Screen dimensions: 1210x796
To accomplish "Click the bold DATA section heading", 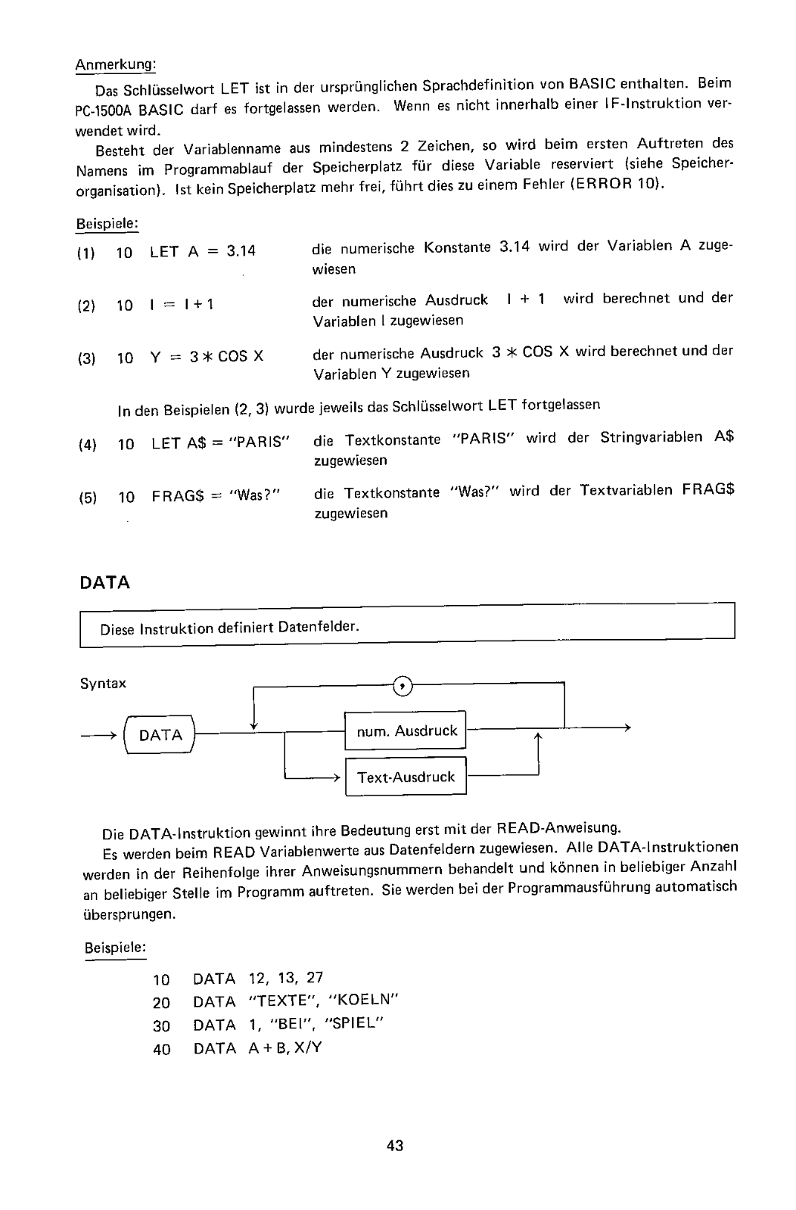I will pyautogui.click(x=104, y=583).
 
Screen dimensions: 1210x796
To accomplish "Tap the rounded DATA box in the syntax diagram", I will pyautogui.click(x=161, y=735).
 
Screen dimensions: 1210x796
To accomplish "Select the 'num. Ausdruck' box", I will pyautogui.click(x=406, y=731).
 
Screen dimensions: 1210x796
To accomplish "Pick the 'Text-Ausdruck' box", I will pyautogui.click(x=406, y=777).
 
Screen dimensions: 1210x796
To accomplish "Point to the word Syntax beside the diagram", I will pyautogui.click(x=103, y=684).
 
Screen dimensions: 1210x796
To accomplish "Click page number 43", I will pyautogui.click(x=395, y=1146).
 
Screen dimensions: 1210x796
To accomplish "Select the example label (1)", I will pyautogui.click(x=86, y=253).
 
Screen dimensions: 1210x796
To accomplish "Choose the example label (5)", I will pyautogui.click(x=88, y=498).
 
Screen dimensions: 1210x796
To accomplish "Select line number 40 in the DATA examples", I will pyautogui.click(x=161, y=1049).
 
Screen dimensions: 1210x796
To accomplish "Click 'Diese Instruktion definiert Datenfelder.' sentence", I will pyautogui.click(x=230, y=628).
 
